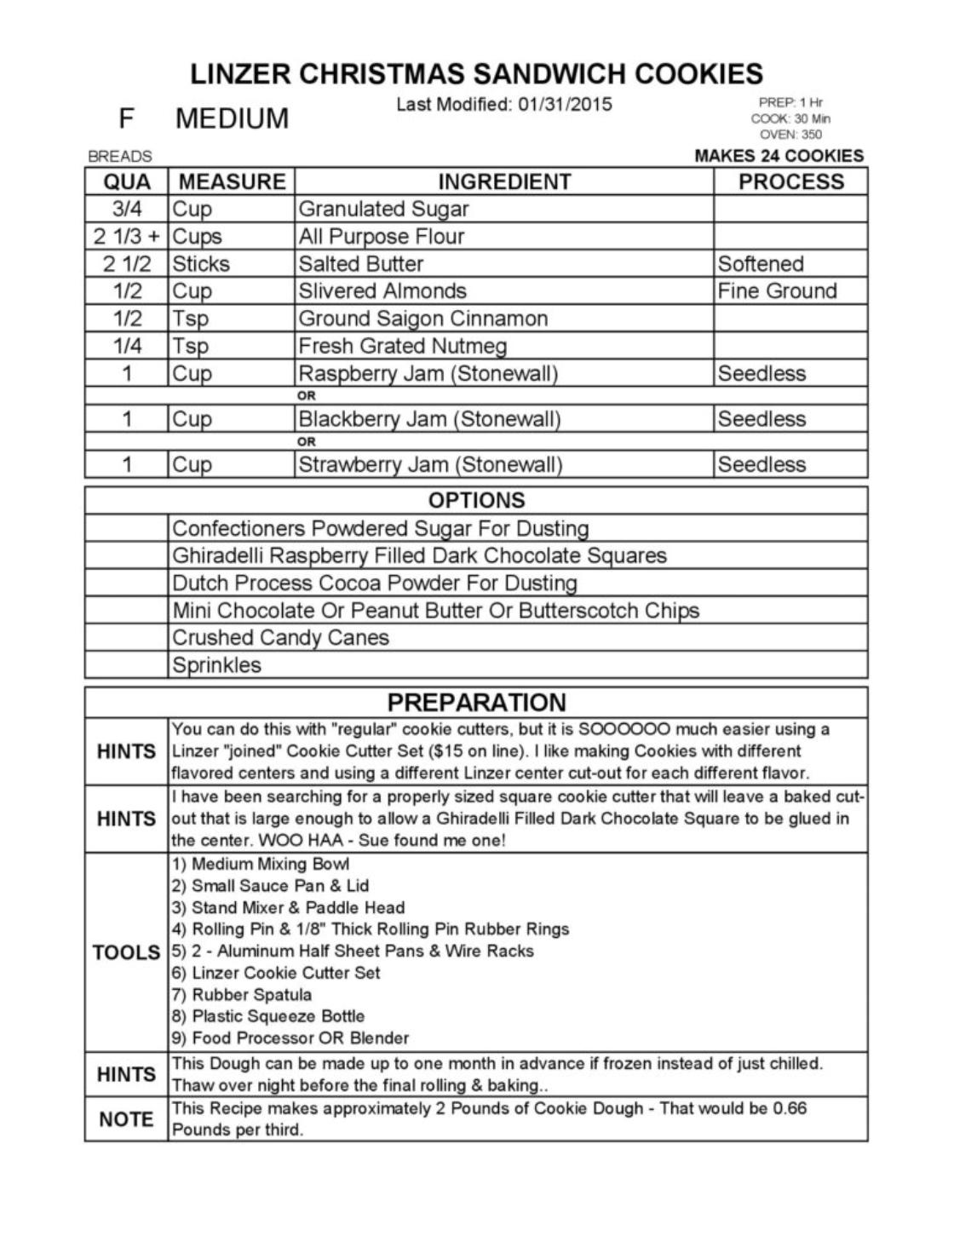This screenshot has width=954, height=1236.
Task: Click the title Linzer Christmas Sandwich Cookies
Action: [476, 74]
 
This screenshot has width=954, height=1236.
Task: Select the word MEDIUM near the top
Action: [232, 118]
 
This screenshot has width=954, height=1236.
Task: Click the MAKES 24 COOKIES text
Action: [779, 156]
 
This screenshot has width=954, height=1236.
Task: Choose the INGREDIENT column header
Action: [504, 181]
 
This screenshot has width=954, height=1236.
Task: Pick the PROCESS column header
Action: [790, 181]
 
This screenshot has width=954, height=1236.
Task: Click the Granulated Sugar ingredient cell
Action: [383, 210]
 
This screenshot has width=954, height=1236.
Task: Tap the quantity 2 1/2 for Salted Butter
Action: [127, 264]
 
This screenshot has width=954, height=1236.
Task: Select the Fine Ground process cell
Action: [777, 291]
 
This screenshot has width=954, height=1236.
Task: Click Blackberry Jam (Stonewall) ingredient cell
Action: [429, 419]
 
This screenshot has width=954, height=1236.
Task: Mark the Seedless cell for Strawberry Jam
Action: [761, 464]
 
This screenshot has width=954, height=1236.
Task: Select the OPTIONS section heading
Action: [476, 500]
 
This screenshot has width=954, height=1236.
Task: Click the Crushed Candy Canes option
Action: [280, 638]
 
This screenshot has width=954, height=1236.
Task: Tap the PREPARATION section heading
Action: [476, 703]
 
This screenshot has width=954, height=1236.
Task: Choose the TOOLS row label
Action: [126, 952]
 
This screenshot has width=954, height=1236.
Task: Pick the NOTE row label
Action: [126, 1119]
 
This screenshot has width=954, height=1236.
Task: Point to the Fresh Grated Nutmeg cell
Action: [402, 347]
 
